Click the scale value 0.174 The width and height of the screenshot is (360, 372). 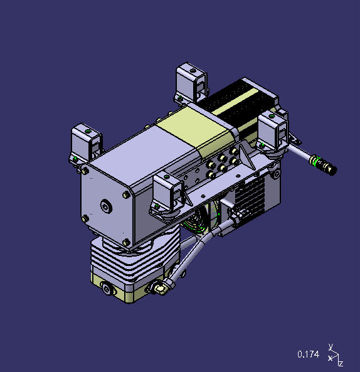pyautogui.click(x=308, y=354)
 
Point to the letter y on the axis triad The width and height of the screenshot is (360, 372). pyautogui.click(x=331, y=346)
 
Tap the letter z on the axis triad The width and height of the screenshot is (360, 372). pyautogui.click(x=341, y=363)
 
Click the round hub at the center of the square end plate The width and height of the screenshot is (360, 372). pyautogui.click(x=106, y=206)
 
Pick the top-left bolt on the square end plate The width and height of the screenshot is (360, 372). pyautogui.click(x=85, y=171)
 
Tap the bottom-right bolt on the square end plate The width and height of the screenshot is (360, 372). pyautogui.click(x=126, y=242)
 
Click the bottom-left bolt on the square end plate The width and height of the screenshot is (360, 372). pyautogui.click(x=85, y=218)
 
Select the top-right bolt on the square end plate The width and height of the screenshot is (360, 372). pyautogui.click(x=127, y=195)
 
